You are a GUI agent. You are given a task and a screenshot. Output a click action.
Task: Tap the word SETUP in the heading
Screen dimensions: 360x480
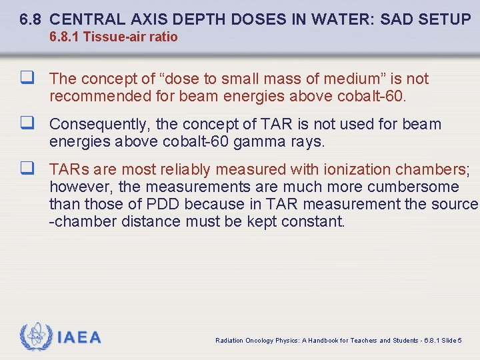click(446, 19)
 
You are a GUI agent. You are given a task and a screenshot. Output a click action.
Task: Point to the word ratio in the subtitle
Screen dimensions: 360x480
click(164, 37)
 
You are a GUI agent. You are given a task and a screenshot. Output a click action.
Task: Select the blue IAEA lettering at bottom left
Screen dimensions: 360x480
click(79, 337)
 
